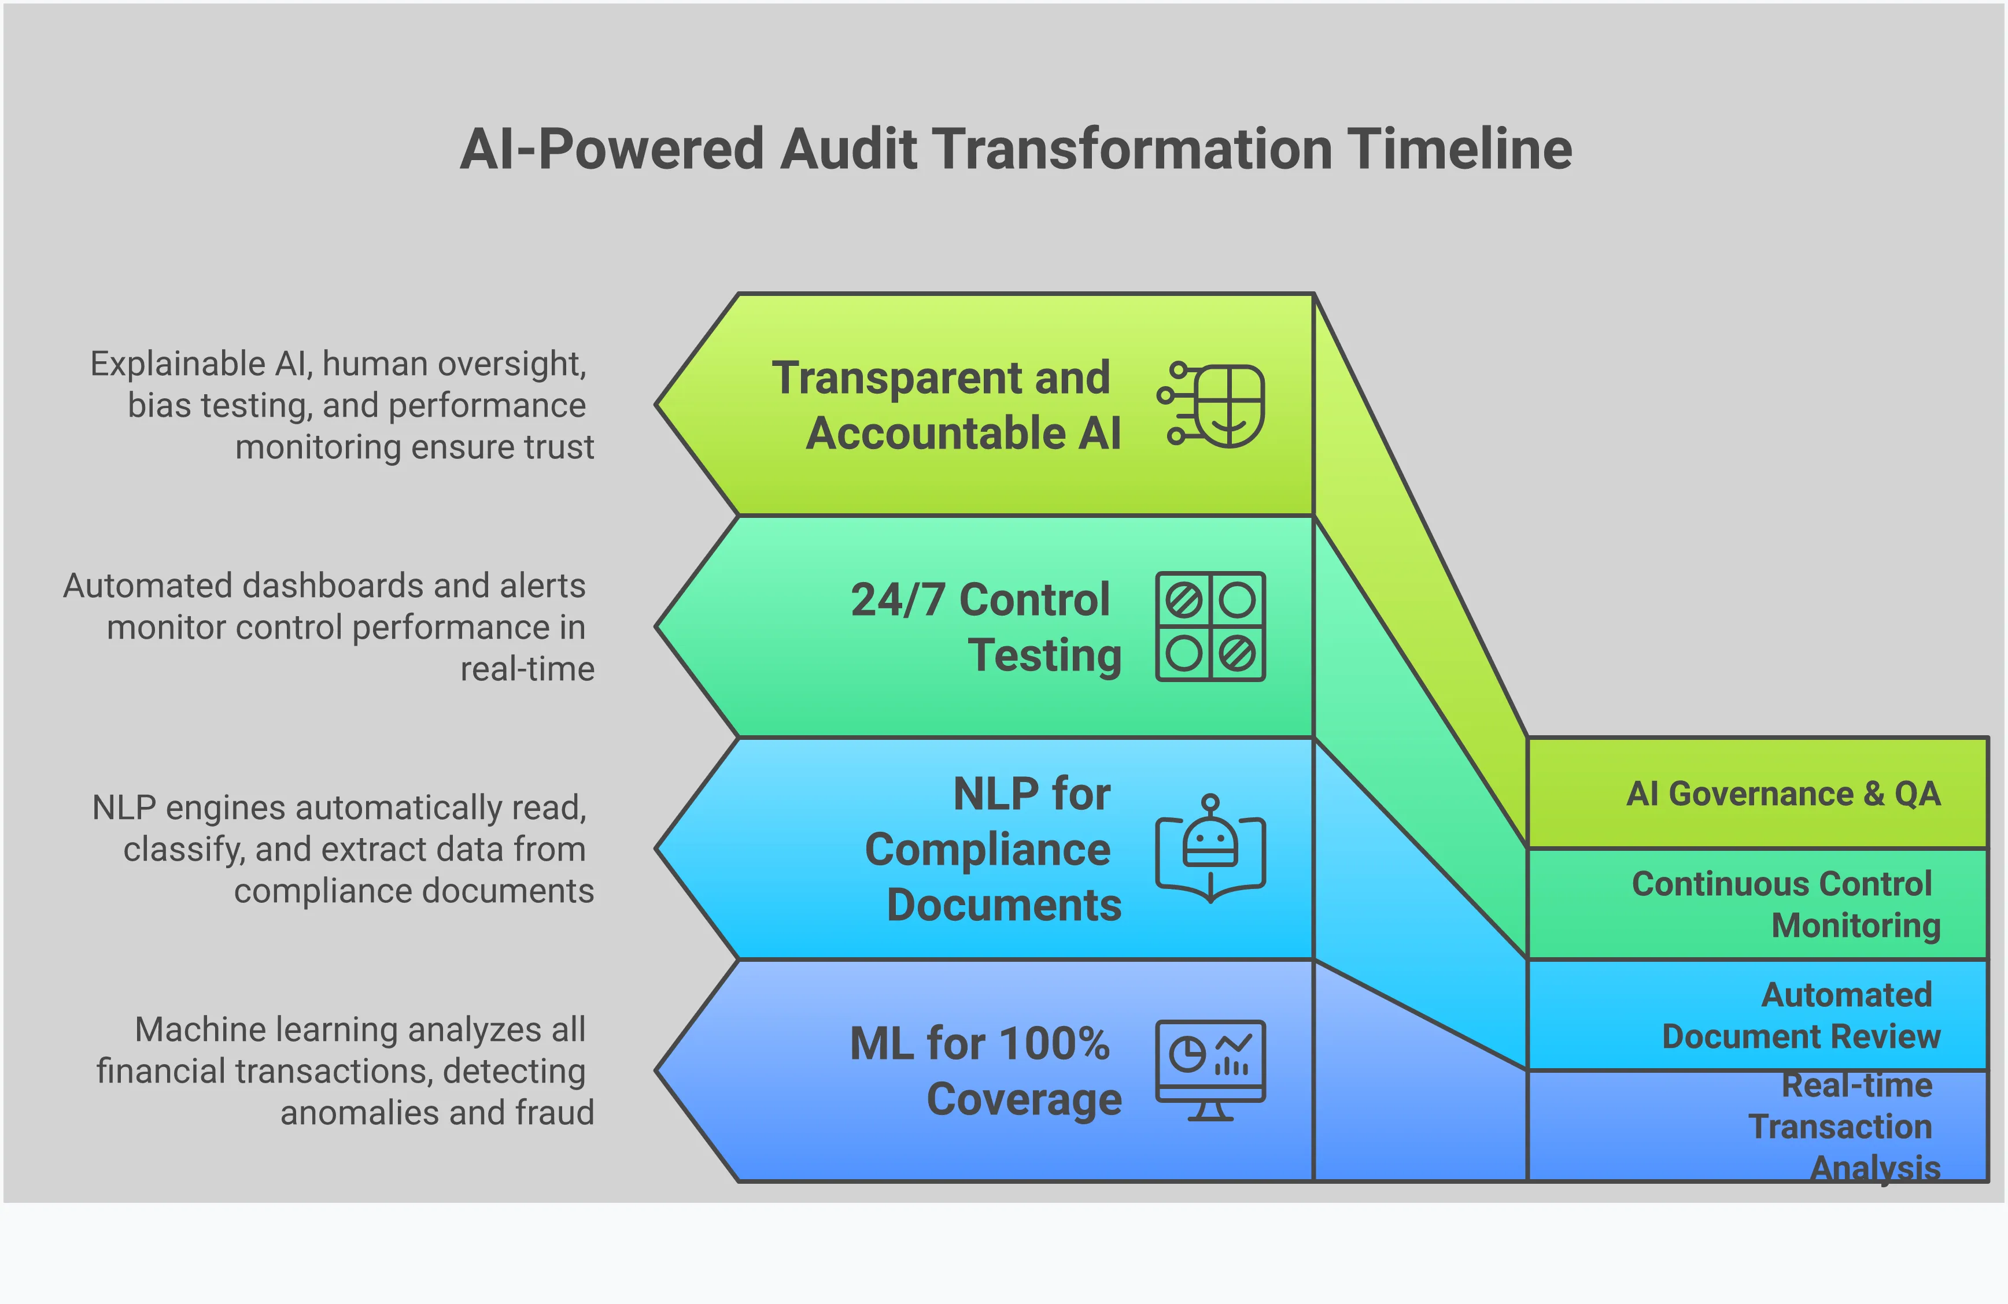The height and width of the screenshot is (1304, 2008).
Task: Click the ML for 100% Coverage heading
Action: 984,1070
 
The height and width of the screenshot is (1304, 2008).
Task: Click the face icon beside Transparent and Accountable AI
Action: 1212,405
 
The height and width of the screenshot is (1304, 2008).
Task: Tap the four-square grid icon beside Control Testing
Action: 1210,627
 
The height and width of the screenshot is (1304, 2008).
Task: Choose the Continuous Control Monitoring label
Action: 1785,904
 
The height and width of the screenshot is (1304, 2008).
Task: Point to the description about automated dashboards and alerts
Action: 329,627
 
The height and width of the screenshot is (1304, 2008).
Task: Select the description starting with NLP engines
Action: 342,849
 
